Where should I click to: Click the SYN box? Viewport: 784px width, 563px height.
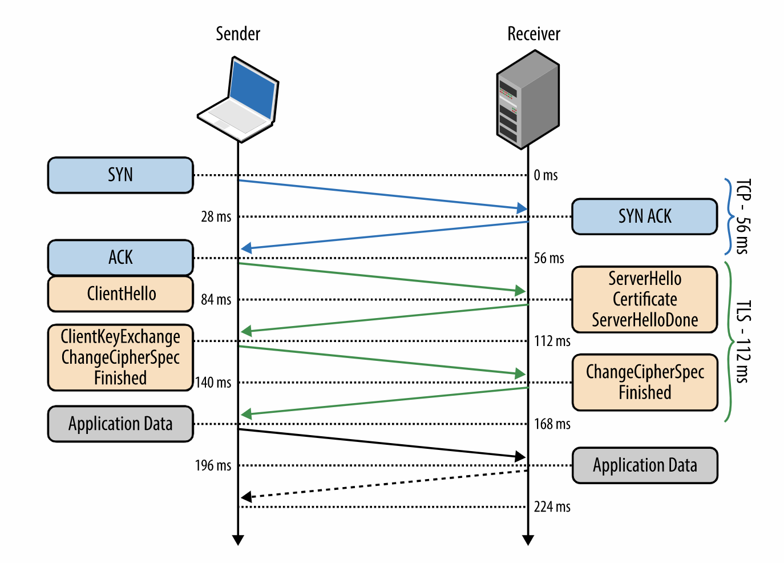click(x=120, y=175)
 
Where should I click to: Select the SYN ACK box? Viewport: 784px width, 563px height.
click(x=644, y=216)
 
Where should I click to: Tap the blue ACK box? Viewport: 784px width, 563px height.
click(x=120, y=258)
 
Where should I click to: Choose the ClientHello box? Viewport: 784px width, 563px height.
click(x=120, y=294)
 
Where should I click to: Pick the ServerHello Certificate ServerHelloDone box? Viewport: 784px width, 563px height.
click(x=644, y=299)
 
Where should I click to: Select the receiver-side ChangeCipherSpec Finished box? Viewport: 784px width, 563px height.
click(x=644, y=382)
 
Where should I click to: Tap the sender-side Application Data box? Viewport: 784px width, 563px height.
click(x=120, y=424)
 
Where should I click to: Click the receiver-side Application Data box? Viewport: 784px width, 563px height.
click(x=644, y=465)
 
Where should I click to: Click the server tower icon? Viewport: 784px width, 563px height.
click(x=528, y=100)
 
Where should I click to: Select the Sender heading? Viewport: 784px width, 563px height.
click(x=238, y=34)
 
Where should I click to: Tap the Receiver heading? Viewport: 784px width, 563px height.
click(x=534, y=34)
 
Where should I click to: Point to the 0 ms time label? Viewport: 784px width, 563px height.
click(x=545, y=175)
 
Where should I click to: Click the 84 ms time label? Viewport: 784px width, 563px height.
click(x=216, y=299)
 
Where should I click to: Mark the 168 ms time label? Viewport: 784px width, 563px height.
click(x=552, y=424)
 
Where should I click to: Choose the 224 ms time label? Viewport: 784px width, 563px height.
click(x=552, y=506)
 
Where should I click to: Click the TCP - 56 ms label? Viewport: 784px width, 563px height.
click(x=743, y=216)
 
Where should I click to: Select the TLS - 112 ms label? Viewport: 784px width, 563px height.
click(x=743, y=341)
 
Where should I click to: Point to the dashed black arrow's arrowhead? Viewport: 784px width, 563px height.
click(x=246, y=497)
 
